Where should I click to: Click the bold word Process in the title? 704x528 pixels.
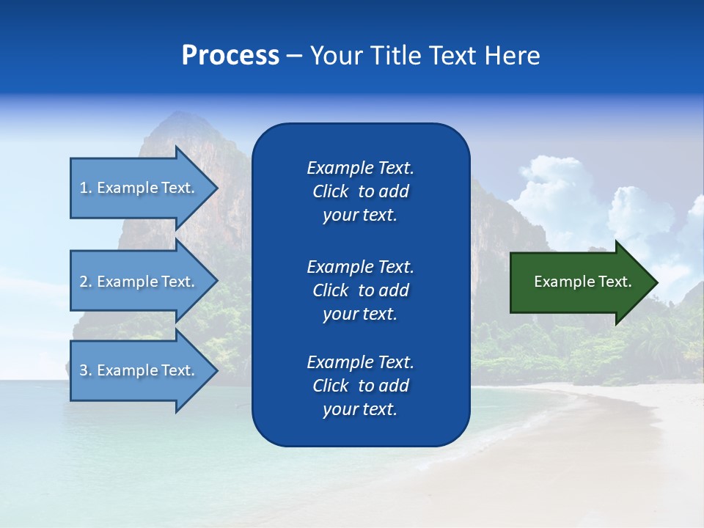tap(230, 56)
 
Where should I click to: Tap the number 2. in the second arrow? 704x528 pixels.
tap(86, 282)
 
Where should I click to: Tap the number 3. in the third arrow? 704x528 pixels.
tap(86, 370)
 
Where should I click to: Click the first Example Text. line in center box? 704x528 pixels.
tap(360, 168)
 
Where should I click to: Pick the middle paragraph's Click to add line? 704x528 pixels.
tap(360, 290)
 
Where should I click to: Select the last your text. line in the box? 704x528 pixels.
tap(360, 409)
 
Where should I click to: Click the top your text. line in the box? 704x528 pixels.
tap(360, 216)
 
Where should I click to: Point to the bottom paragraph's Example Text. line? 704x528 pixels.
tap(360, 362)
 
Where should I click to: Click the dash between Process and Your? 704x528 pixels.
tap(294, 56)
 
